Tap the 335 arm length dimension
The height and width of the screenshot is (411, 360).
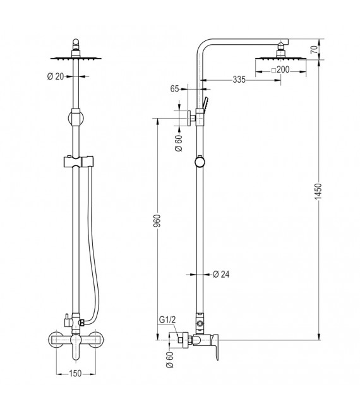(x=220, y=80)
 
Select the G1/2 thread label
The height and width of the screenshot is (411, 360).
(x=167, y=321)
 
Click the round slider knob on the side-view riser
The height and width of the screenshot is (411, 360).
(x=200, y=162)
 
